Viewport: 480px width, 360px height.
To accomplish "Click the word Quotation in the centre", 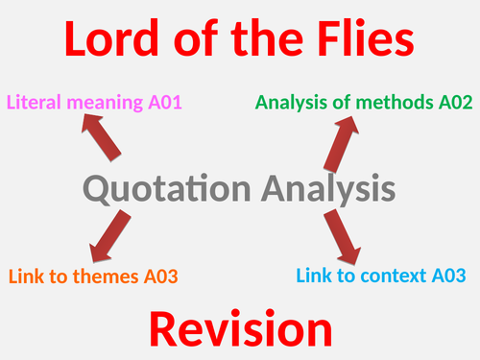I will pos(159,187).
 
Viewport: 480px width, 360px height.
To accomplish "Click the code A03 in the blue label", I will pos(449,276).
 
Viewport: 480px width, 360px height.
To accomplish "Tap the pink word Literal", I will pos(33,101).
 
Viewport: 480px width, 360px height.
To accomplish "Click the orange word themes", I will pos(100,276).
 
